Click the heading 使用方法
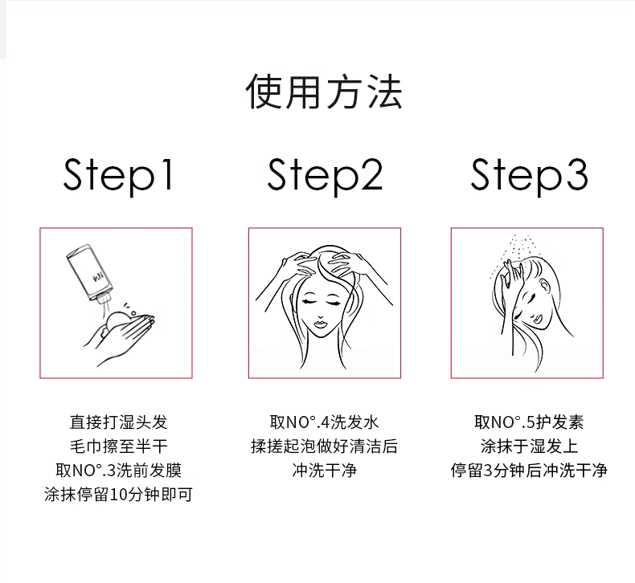pyautogui.click(x=324, y=92)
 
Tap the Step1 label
pyautogui.click(x=118, y=176)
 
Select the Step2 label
pyautogui.click(x=325, y=176)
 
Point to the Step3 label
pyautogui.click(x=529, y=176)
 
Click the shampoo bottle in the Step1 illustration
pyautogui.click(x=90, y=274)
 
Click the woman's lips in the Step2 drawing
pyautogui.click(x=321, y=324)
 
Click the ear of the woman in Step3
pyautogui.click(x=545, y=286)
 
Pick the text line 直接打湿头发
pyautogui.click(x=118, y=422)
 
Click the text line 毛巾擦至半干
pyautogui.click(x=118, y=446)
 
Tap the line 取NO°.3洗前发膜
pyautogui.click(x=118, y=470)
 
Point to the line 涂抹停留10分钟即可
pyautogui.click(x=118, y=494)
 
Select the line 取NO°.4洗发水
pyautogui.click(x=325, y=422)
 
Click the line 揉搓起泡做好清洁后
pyautogui.click(x=325, y=446)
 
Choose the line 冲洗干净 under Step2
pyautogui.click(x=325, y=470)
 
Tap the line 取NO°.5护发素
pyautogui.click(x=529, y=422)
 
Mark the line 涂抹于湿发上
pyautogui.click(x=529, y=446)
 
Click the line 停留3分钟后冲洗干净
pyautogui.click(x=529, y=470)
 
